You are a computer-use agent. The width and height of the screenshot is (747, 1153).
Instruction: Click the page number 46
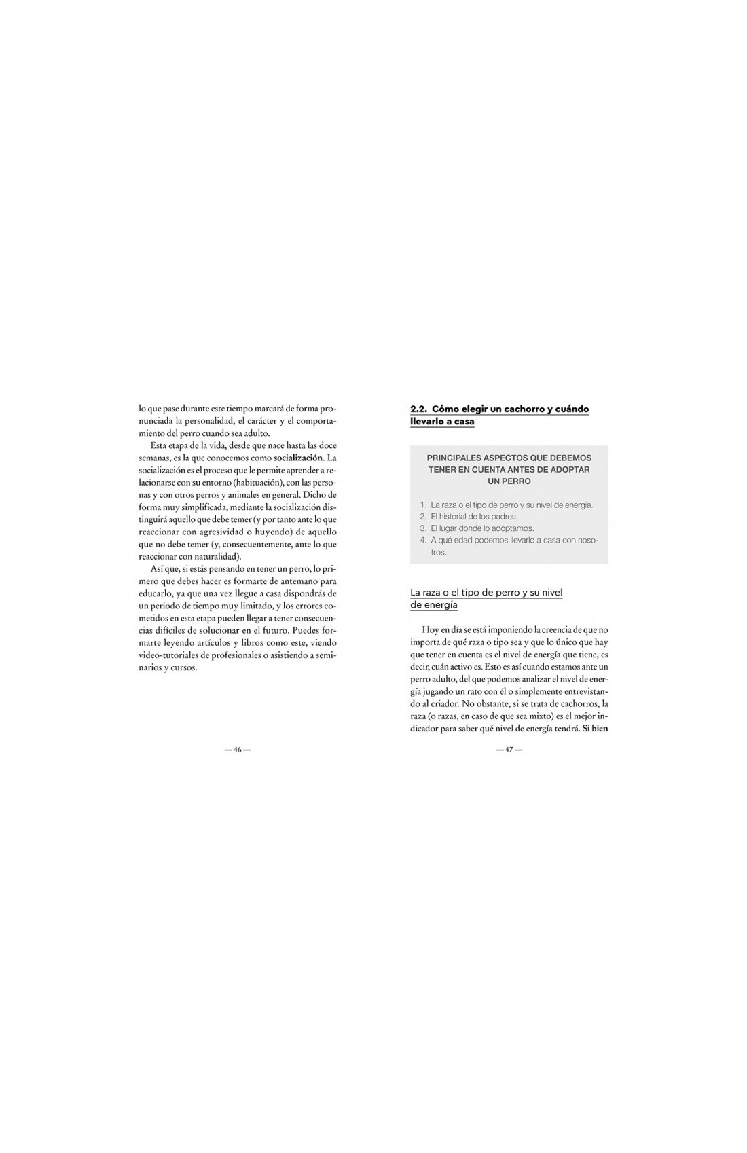238,750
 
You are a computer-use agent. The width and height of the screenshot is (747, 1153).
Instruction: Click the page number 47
509,750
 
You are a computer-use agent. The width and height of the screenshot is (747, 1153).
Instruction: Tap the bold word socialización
298,458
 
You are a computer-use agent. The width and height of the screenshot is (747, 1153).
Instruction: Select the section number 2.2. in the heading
418,409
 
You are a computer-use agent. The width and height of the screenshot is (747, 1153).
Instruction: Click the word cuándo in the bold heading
572,409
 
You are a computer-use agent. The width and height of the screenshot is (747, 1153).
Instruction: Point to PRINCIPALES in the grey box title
457,458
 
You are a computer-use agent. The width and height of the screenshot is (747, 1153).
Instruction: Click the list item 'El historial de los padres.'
474,516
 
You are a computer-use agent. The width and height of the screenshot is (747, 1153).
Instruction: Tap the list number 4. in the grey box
423,540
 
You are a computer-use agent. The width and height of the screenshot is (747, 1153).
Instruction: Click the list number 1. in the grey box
423,505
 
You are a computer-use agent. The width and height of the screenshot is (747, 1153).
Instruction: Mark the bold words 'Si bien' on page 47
595,729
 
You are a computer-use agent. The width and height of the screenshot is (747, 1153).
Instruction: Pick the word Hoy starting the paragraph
430,630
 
